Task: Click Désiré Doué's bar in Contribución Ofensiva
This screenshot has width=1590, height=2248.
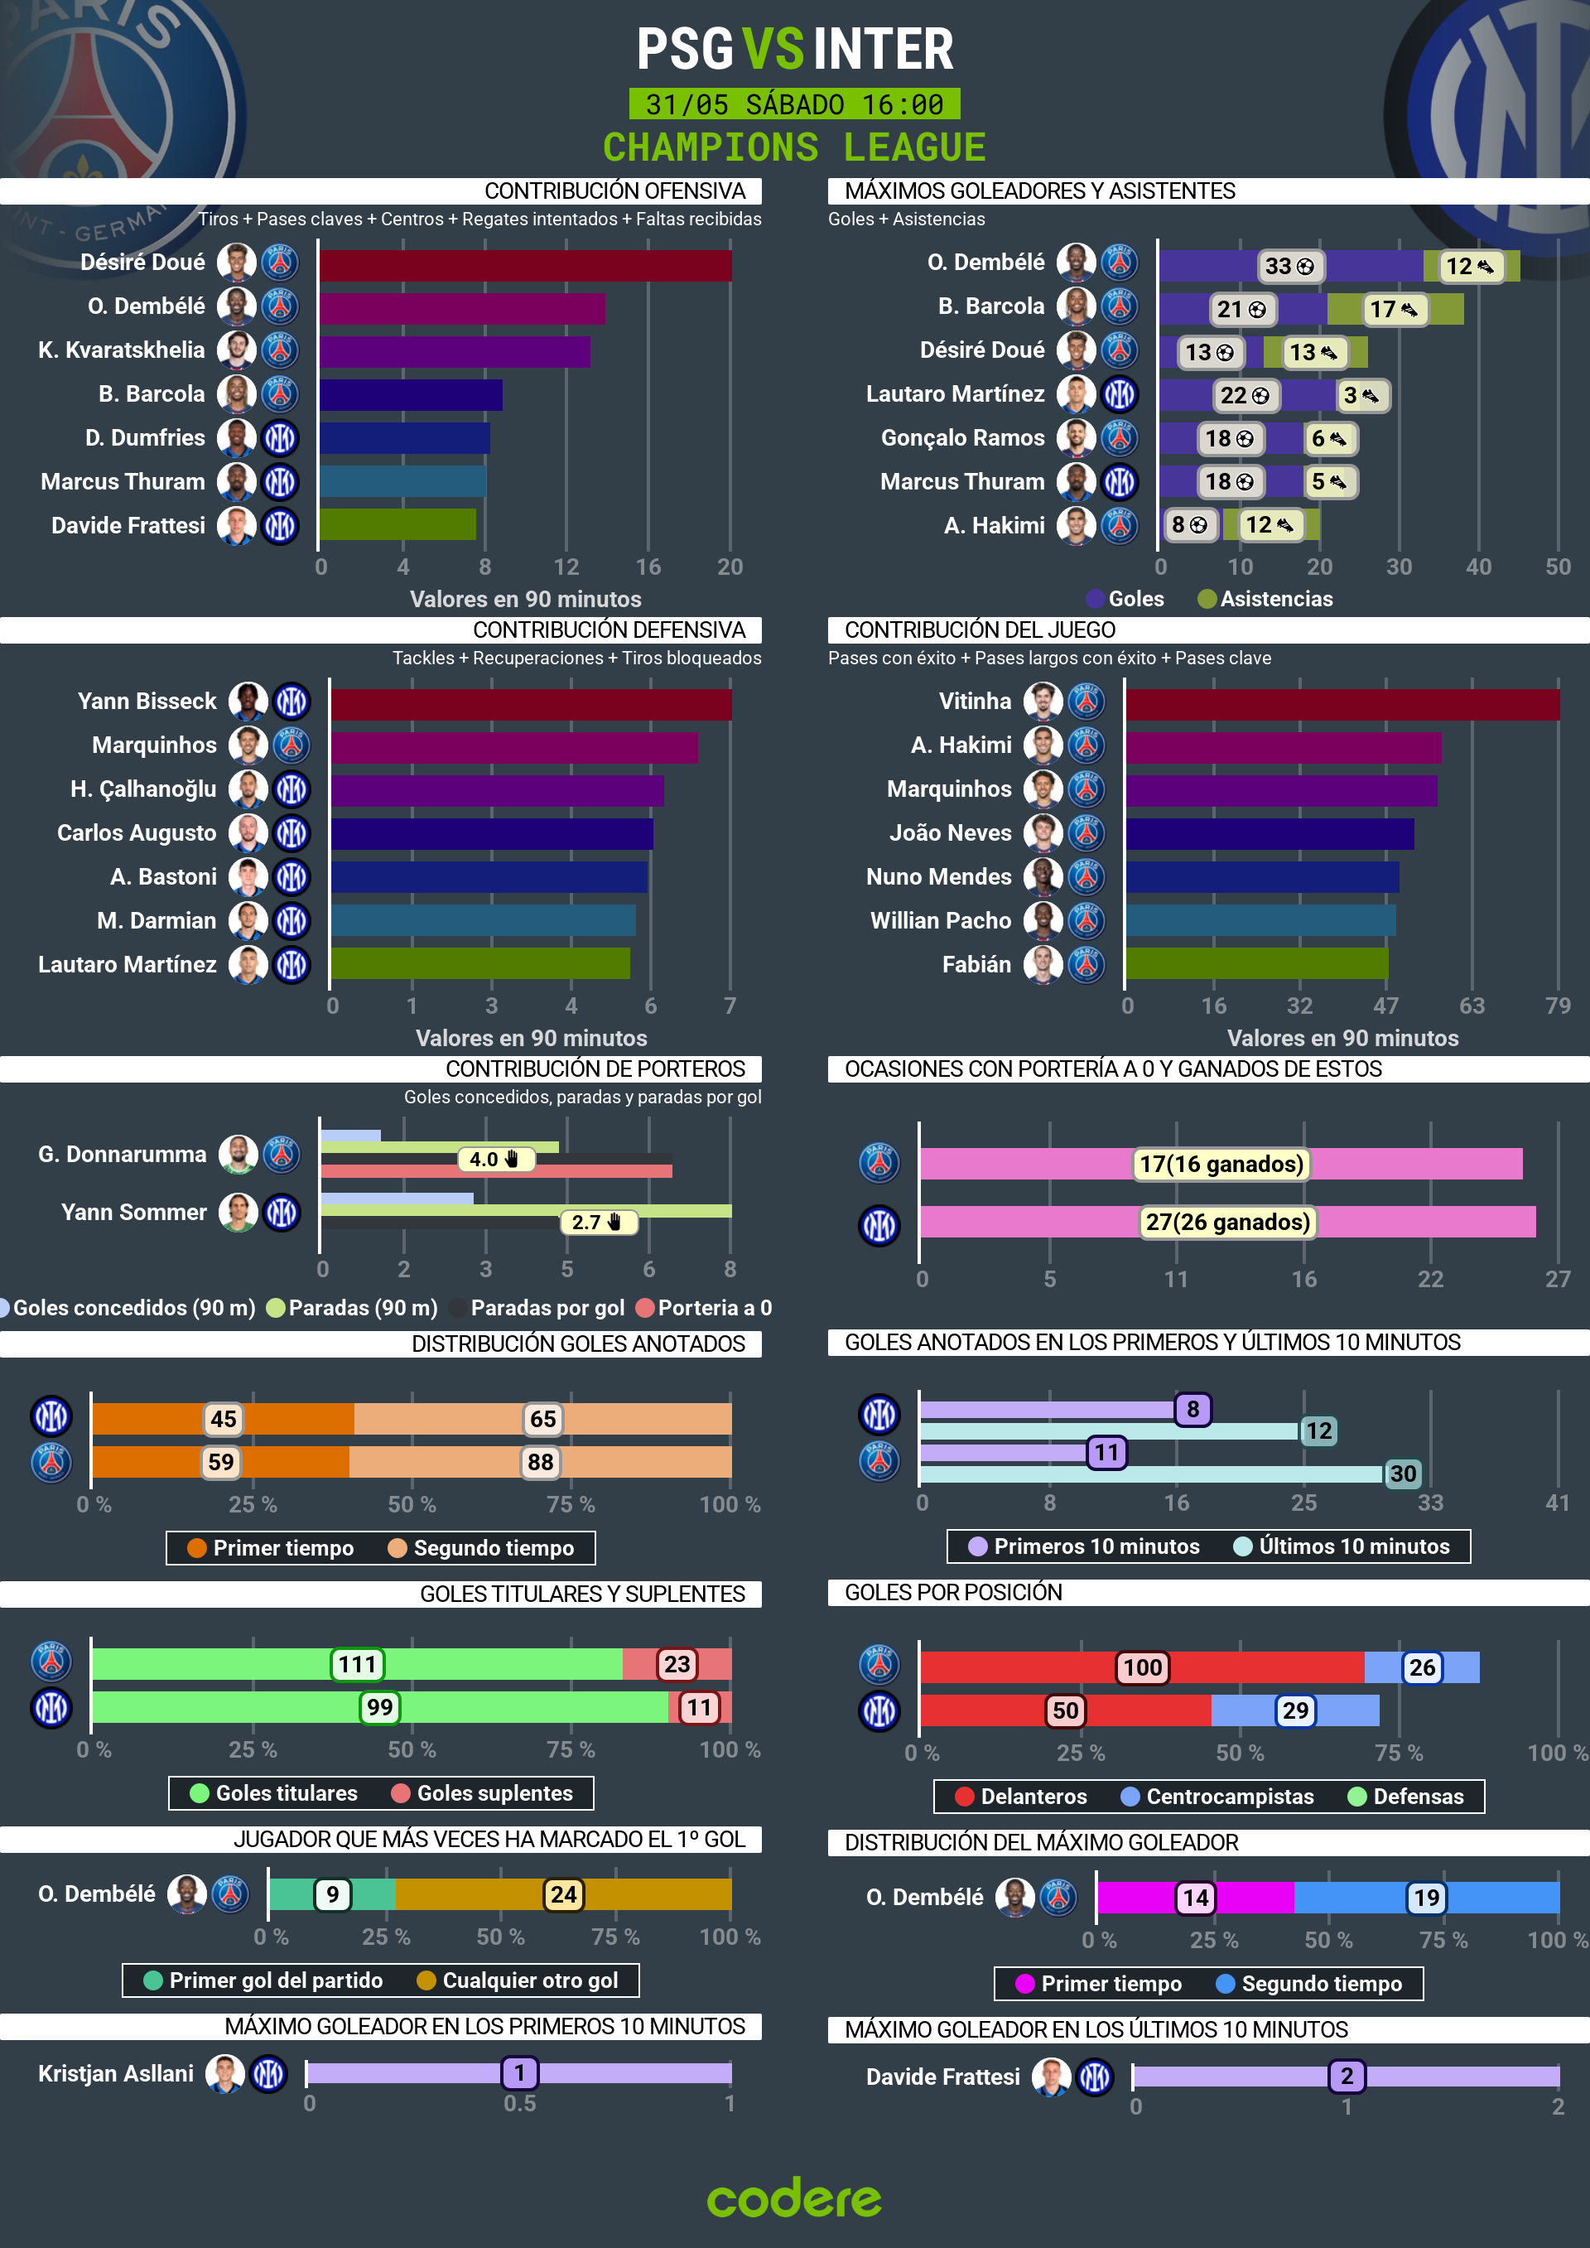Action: pos(525,265)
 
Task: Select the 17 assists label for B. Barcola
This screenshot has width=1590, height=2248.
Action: pos(1393,310)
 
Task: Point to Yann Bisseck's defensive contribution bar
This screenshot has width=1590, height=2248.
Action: pos(531,704)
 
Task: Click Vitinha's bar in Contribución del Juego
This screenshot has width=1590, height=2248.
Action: pos(1342,704)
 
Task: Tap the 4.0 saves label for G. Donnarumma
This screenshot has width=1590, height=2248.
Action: pos(494,1160)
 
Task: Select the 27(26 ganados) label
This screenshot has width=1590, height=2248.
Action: pos(1226,1222)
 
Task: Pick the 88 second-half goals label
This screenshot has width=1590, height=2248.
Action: pos(541,1462)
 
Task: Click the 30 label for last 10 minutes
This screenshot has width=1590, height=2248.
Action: pos(1402,1474)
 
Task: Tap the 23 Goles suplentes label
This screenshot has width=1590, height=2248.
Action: pos(677,1663)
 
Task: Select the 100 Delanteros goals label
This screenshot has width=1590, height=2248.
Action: pos(1142,1667)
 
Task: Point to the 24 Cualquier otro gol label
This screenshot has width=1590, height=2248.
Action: pos(563,1894)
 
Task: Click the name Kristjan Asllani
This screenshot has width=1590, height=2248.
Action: pos(116,2072)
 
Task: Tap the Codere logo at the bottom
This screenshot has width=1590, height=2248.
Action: pos(794,2199)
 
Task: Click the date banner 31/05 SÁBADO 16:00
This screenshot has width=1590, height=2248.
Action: pos(794,104)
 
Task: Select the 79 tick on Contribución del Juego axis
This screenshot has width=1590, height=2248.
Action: pos(1557,1006)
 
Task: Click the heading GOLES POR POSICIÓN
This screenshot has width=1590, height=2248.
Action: pos(952,1592)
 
